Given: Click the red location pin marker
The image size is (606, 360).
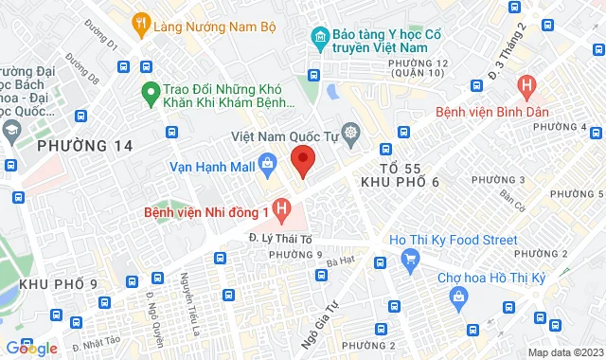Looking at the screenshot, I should tap(302, 161).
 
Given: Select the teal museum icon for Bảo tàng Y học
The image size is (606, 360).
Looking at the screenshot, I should tap(320, 38).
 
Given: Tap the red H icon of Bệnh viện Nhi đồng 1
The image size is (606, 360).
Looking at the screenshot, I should tap(280, 206).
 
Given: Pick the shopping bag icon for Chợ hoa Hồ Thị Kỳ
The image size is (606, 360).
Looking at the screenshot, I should tap(458, 297).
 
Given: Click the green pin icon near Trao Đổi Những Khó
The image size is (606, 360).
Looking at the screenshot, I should tap(149, 93).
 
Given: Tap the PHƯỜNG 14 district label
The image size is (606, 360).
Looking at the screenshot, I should tap(84, 147).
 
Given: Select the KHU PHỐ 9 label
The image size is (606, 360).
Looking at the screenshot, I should tap(58, 283).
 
